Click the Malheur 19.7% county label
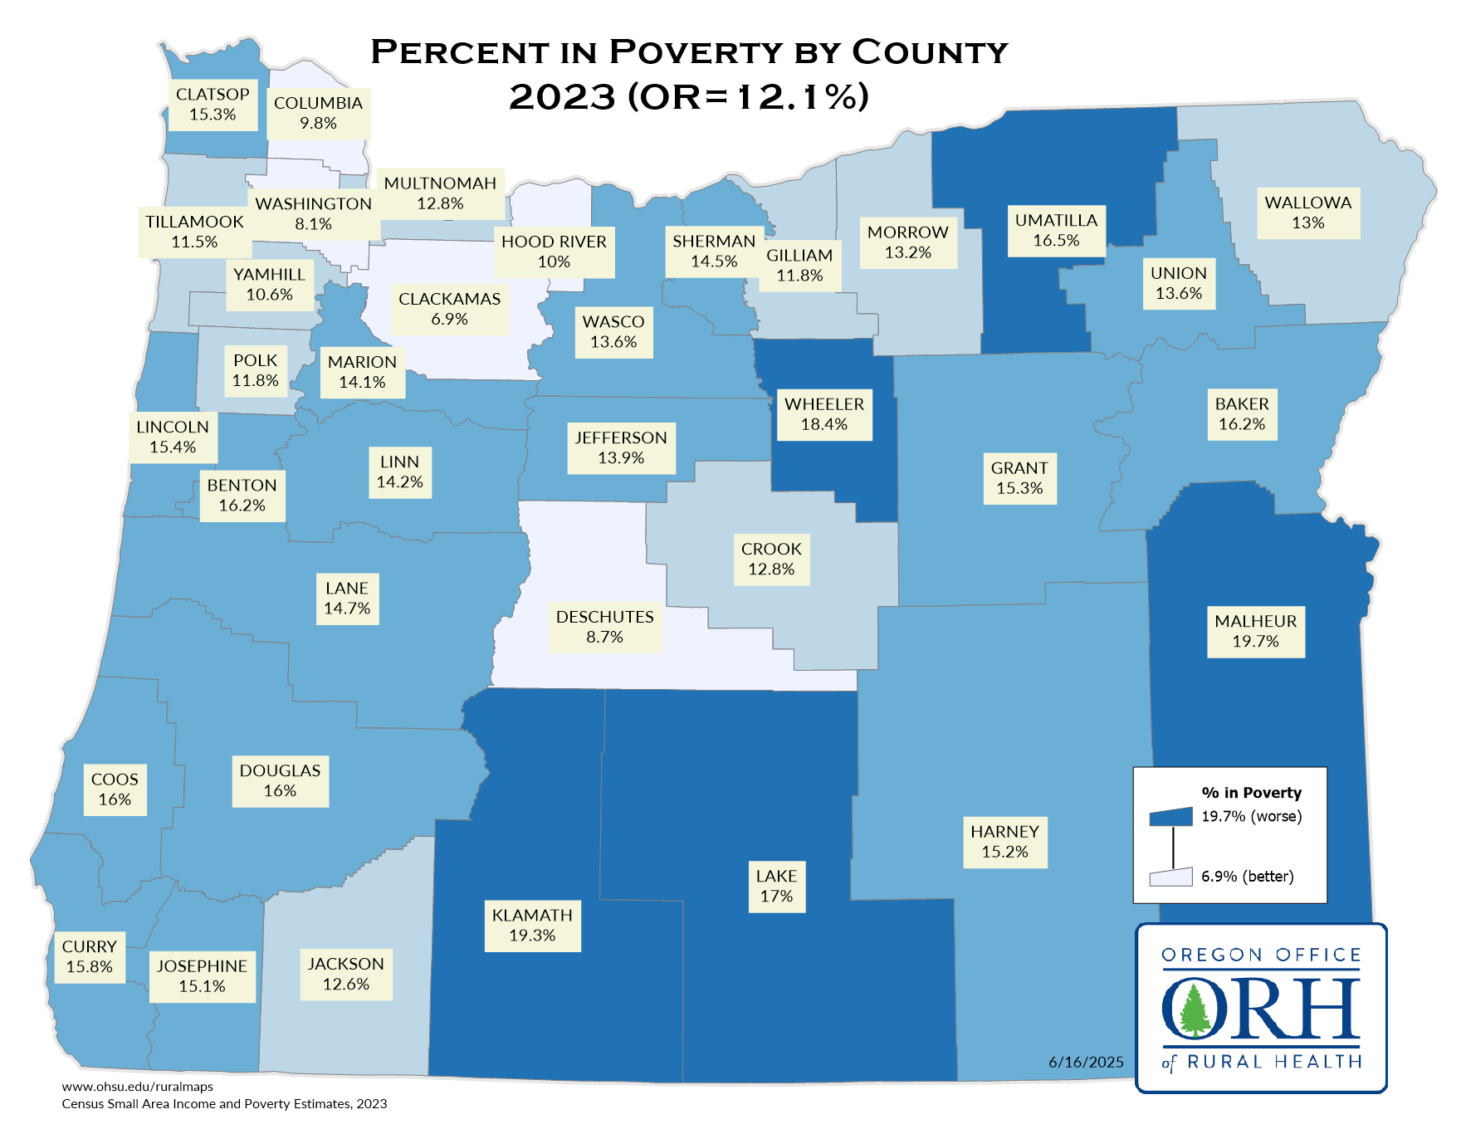(1255, 632)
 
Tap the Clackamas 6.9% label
(449, 309)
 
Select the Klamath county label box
(532, 926)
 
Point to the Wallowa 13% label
(1307, 213)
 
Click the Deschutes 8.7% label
(604, 628)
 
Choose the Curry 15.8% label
(90, 957)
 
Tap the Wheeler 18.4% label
(824, 414)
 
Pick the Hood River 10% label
(554, 252)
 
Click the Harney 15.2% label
(1004, 842)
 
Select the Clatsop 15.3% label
(213, 105)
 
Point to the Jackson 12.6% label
(346, 974)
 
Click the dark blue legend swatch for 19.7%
(1170, 817)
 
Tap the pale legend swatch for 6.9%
(1170, 877)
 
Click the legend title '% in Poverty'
(1251, 793)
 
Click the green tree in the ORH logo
(1195, 1009)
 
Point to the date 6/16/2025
(1086, 1063)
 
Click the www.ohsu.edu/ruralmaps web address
(138, 1087)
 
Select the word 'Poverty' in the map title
(696, 52)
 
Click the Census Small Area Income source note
(224, 1104)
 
